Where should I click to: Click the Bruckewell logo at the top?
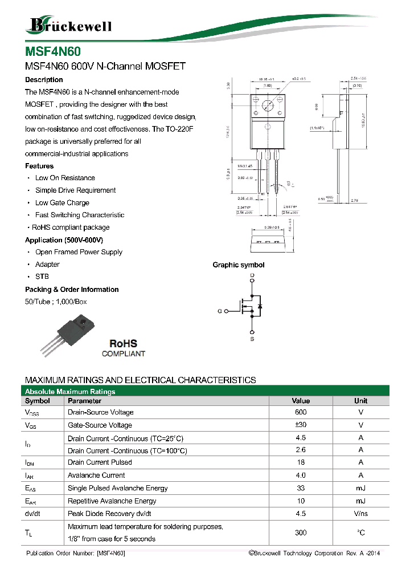[x=68, y=25]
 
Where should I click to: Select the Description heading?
[x=44, y=80]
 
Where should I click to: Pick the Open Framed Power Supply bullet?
[x=79, y=252]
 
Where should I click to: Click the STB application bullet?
[x=42, y=277]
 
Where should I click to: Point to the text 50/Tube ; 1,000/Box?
[x=56, y=302]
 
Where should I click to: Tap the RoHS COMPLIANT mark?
[x=123, y=348]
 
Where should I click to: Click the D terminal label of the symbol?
[x=252, y=276]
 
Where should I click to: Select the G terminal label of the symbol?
[x=219, y=311]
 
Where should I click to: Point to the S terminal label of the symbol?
[x=252, y=340]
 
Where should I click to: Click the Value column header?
[x=301, y=401]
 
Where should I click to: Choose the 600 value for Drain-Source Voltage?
[x=301, y=412]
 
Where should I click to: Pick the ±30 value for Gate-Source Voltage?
[x=301, y=425]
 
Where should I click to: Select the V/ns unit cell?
[x=360, y=514]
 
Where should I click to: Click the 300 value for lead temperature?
[x=301, y=533]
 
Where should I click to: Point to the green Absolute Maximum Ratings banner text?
[x=70, y=392]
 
